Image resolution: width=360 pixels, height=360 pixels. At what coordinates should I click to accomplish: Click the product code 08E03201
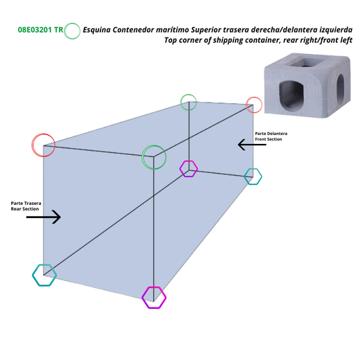35,30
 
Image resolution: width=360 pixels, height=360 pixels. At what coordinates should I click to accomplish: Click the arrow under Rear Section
44,217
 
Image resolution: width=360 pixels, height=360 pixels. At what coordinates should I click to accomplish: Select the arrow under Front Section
252,145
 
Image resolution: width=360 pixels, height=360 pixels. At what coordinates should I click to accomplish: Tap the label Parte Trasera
26,204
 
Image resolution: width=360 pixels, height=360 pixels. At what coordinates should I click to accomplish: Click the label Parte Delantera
271,134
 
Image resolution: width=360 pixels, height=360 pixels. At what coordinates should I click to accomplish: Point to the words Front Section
269,139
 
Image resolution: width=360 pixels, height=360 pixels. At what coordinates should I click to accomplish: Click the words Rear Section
25,209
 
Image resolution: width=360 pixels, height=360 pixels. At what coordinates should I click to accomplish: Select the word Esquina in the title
97,30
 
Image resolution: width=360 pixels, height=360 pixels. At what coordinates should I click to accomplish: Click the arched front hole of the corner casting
291,95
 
